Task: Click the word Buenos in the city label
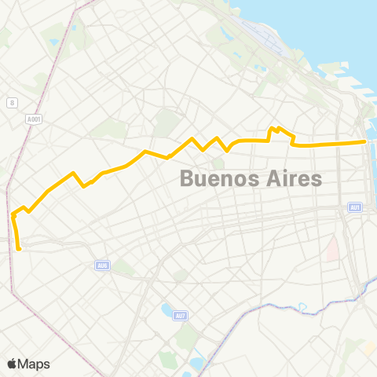point(219,178)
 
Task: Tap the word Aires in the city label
point(292,178)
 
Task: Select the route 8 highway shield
point(12,103)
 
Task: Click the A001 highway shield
point(33,119)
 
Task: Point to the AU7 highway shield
point(181,316)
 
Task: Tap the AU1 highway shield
point(355,207)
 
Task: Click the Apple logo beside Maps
point(13,364)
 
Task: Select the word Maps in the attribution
point(34,364)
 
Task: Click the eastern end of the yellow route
point(365,141)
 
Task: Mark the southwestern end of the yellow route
point(18,249)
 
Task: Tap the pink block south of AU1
point(334,250)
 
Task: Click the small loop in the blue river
point(302,306)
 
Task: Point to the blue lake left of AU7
point(166,309)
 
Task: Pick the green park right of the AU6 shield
point(124,269)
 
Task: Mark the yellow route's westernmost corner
point(13,213)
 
